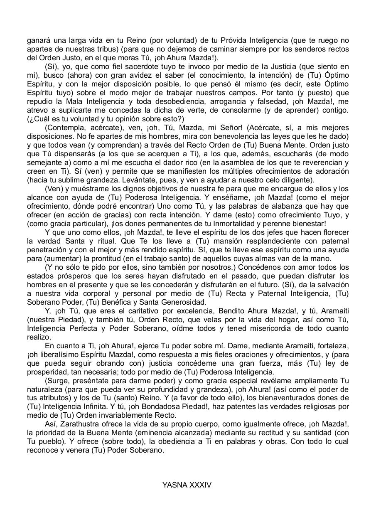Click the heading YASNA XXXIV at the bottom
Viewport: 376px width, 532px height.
[187, 485]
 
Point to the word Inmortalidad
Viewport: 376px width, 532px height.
[248, 224]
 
